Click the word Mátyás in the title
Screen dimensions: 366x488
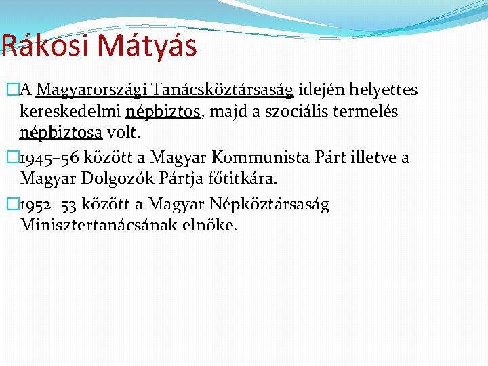147,46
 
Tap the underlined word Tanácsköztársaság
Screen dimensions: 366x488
223,90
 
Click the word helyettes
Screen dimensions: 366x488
385,90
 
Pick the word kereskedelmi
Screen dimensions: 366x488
70,110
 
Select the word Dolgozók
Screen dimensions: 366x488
108,178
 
